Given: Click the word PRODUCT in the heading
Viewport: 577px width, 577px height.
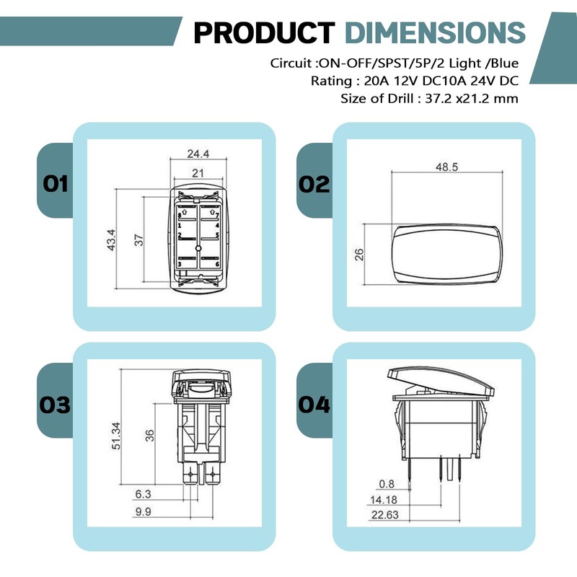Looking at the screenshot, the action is (264, 32).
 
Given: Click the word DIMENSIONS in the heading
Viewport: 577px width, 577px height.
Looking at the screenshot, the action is (436, 32).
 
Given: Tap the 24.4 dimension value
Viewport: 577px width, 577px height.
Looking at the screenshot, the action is (198, 154).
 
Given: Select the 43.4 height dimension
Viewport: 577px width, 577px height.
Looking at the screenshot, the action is (112, 240).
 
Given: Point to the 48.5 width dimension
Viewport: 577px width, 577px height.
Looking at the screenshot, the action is (446, 167).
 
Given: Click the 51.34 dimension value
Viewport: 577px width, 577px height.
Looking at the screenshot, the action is (116, 436).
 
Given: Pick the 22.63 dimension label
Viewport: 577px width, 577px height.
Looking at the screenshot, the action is (385, 515).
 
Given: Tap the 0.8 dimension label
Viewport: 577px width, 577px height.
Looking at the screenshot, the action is (387, 484).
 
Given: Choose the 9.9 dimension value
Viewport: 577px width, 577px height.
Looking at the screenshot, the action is (143, 511).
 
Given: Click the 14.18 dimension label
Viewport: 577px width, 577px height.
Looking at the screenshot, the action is (384, 500).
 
